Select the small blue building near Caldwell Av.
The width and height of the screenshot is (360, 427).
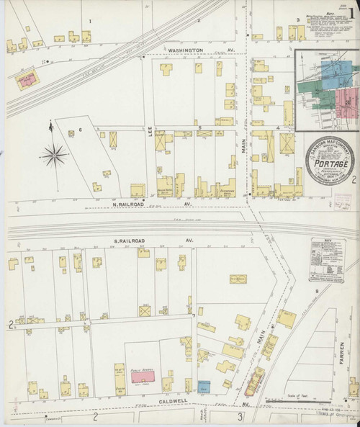pos(204,385)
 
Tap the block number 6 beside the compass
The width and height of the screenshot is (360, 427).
pos(81,130)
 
